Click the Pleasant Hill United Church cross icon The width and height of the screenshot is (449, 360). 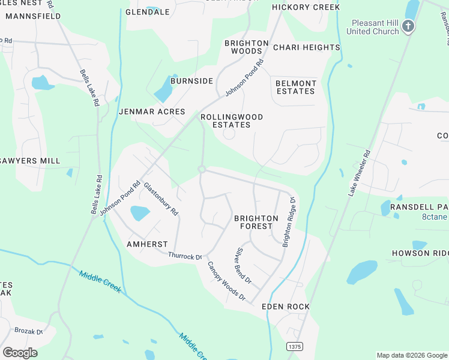coord(408,26)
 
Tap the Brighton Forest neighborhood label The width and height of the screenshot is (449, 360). coord(256,222)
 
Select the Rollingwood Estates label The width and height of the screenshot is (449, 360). coord(232,121)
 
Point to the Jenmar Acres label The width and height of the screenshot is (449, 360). coord(152,112)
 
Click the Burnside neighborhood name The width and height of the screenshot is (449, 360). coord(191,80)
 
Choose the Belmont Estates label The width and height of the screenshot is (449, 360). coord(296,87)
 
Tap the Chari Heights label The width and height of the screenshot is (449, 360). coord(306,47)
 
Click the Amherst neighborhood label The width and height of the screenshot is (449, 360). coord(147,244)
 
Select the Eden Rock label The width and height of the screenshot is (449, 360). coord(286,307)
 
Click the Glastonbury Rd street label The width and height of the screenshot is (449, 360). coord(160,199)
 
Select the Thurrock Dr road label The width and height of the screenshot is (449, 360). coord(185,257)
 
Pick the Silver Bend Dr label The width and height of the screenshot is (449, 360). coord(243,266)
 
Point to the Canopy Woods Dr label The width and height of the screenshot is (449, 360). coord(226,281)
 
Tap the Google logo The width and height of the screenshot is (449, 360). coord(20,353)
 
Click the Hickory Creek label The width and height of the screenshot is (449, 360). coord(306,7)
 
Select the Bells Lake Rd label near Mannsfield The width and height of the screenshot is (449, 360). coord(89,88)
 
